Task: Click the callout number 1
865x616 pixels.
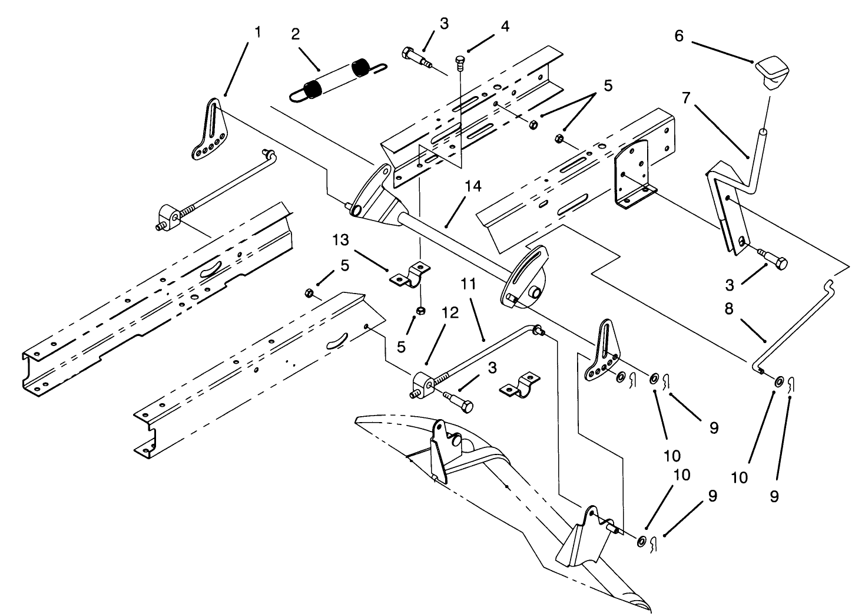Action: tap(257, 32)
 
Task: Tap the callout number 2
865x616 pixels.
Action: tap(295, 34)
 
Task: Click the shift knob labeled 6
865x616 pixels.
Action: tap(768, 71)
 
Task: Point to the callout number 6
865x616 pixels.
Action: tap(679, 37)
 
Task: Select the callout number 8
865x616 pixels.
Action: tap(729, 309)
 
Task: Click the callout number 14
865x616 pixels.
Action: tap(472, 187)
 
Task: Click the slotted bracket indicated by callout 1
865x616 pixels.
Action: tap(208, 130)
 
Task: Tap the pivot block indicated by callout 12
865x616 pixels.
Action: tap(423, 386)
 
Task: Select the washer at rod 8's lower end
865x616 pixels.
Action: tap(778, 382)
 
